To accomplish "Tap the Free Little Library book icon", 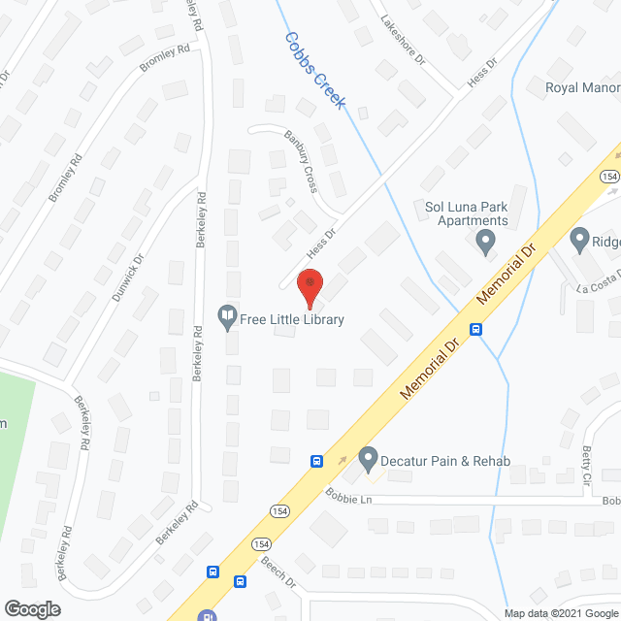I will (x=227, y=317).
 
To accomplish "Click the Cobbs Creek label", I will (x=315, y=70).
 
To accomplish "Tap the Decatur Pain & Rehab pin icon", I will (x=368, y=456).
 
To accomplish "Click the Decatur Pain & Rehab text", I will (x=446, y=461).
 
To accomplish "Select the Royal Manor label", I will (x=581, y=88).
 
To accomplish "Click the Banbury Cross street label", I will (x=302, y=161).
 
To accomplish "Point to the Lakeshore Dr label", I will (x=404, y=40).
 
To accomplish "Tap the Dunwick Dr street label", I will (x=128, y=276).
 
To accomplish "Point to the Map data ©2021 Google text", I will (x=560, y=612).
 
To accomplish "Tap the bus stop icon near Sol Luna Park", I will (x=476, y=329).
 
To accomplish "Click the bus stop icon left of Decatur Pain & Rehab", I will (x=316, y=461).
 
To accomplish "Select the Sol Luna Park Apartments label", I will (x=468, y=213).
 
